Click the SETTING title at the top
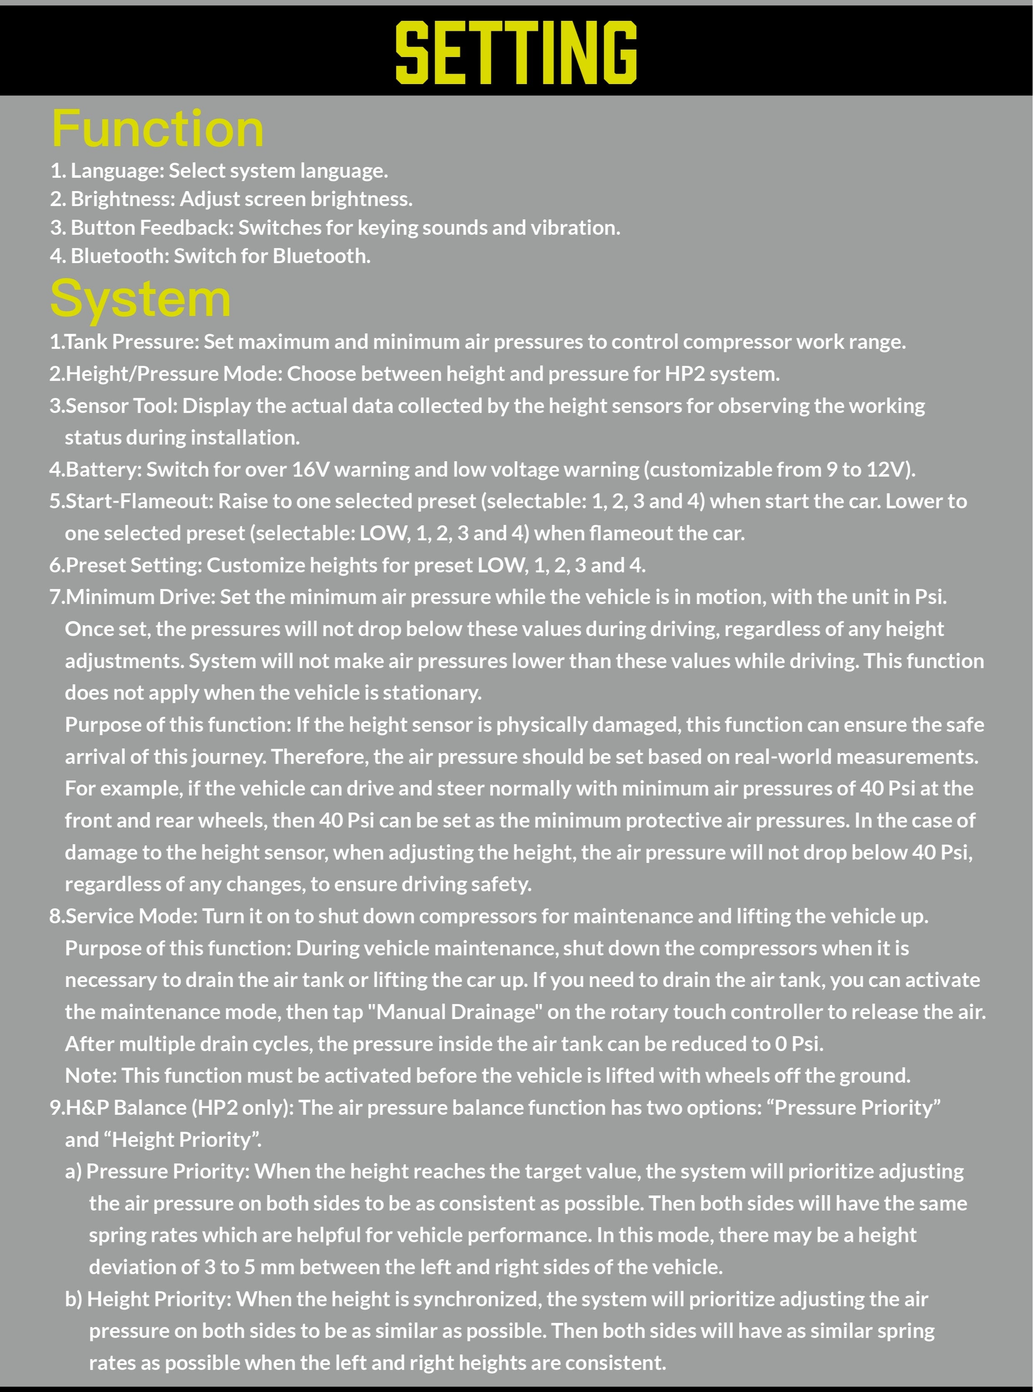click(516, 52)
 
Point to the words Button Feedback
click(151, 228)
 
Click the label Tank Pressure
click(131, 341)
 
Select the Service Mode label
click(131, 916)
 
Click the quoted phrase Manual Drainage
click(455, 1012)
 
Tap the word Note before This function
click(90, 1075)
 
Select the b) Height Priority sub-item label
click(147, 1298)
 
